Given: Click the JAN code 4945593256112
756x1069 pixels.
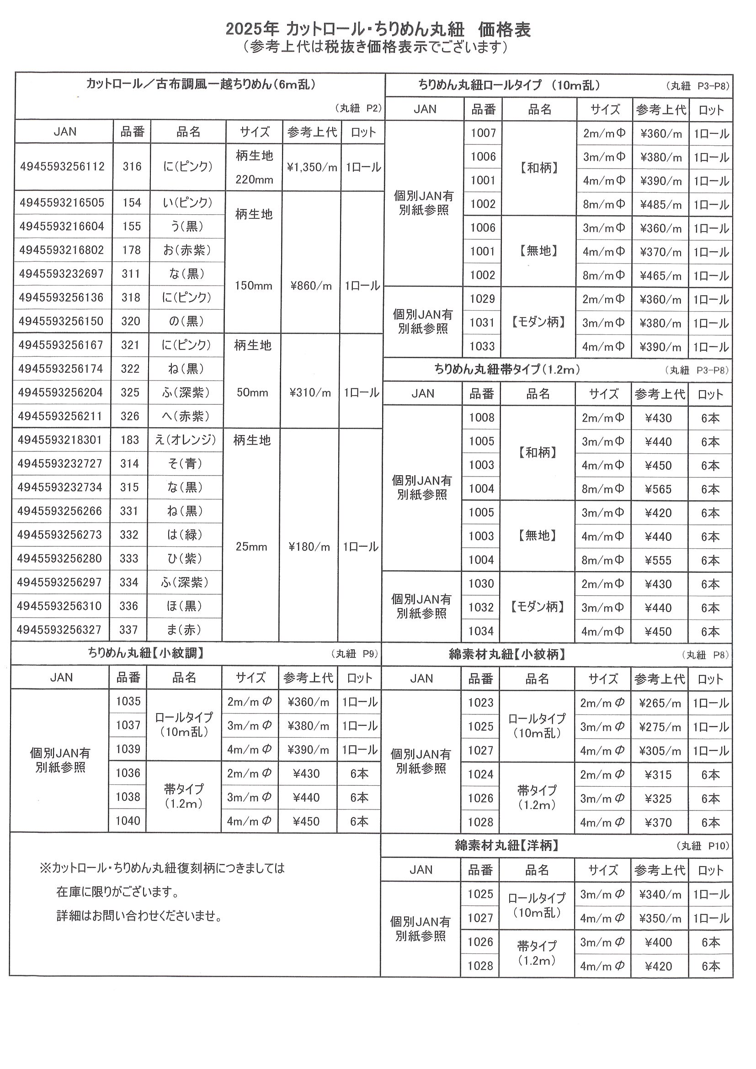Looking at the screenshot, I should (62, 167).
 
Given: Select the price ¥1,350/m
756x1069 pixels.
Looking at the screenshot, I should (312, 167).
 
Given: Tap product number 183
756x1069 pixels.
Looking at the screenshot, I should (130, 439).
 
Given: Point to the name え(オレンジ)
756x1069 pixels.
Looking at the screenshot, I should (186, 439).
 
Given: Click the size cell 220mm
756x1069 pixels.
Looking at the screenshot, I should (254, 180).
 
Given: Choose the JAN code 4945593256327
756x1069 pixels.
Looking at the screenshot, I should (59, 630).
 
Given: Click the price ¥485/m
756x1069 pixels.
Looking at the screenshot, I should (660, 205).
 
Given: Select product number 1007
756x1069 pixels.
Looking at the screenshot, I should (483, 133).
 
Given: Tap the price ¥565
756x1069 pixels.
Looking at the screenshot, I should (659, 489).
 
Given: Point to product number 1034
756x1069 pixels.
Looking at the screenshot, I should (481, 631).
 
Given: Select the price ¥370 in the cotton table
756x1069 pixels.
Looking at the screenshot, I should (659, 823).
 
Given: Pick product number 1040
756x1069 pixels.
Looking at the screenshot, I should (128, 821).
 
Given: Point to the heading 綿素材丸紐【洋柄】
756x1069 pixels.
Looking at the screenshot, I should (507, 846).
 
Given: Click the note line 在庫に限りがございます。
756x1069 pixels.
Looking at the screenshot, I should (118, 892).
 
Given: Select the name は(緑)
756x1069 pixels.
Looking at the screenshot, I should (185, 534).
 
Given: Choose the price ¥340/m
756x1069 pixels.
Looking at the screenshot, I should (660, 894).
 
